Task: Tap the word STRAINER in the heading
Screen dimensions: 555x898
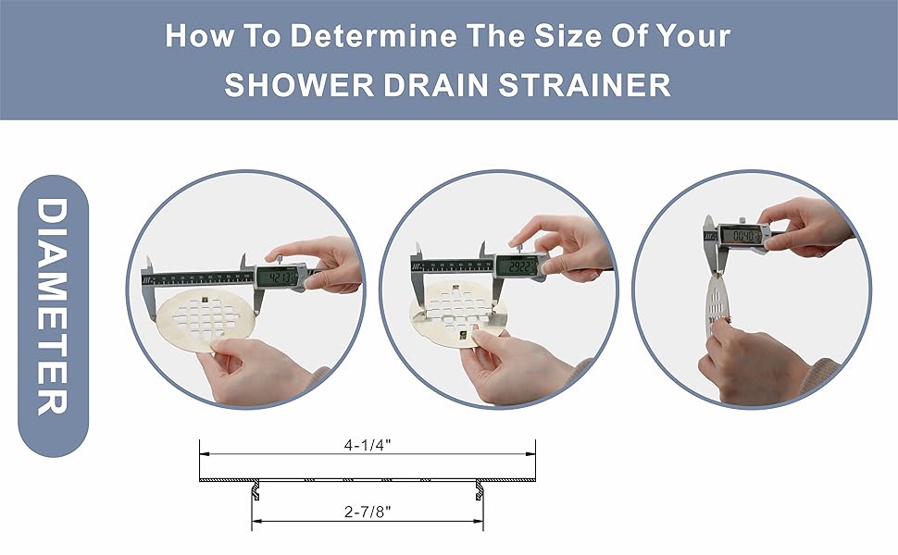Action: pyautogui.click(x=585, y=85)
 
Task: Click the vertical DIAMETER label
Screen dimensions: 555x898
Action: pyautogui.click(x=54, y=305)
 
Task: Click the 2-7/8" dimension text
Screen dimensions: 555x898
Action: pyautogui.click(x=368, y=511)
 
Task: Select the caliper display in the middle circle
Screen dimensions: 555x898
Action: pyautogui.click(x=518, y=266)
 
